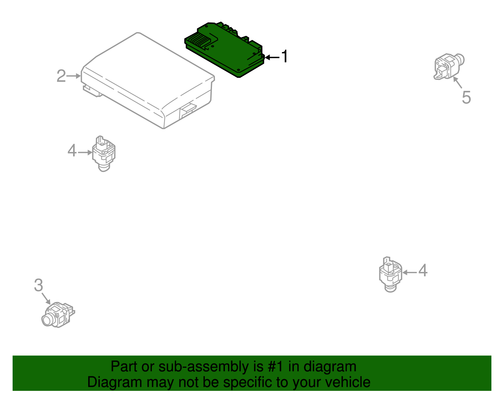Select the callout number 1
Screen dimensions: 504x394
pos(284,56)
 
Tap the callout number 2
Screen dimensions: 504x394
pos(61,76)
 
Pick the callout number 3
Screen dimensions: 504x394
pos(38,285)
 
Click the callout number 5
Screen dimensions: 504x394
pos(466,97)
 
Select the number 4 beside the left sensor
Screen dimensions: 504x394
pos(72,150)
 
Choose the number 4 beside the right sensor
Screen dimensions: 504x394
pos(423,270)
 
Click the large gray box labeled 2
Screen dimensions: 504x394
pos(148,80)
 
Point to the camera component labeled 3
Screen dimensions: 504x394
pos(58,315)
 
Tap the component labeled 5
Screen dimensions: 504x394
pos(449,67)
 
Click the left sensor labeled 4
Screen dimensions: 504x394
pos(104,154)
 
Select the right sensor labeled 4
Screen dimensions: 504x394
pos(391,274)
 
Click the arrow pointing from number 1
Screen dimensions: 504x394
pos(272,57)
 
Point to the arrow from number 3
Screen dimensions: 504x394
pos(46,299)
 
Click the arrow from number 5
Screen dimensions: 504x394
pos(457,82)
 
